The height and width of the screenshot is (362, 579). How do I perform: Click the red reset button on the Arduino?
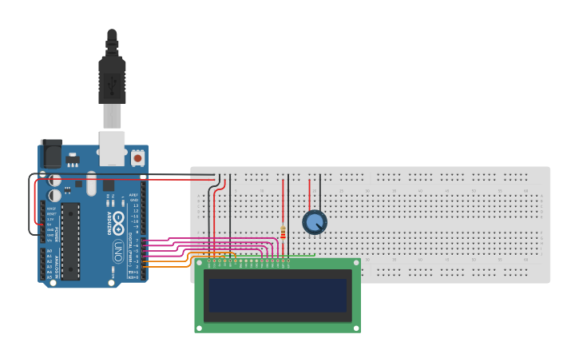[x=138, y=157]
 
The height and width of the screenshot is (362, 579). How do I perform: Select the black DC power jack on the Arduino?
[x=51, y=154]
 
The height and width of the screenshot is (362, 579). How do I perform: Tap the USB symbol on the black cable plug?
[x=112, y=82]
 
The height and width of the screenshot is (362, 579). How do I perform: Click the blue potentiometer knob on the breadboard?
[x=315, y=222]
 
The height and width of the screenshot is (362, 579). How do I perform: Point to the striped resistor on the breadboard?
[x=283, y=233]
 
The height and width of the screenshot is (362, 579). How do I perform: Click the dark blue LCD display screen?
[x=277, y=295]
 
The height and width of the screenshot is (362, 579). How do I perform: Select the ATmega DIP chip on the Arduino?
[x=70, y=241]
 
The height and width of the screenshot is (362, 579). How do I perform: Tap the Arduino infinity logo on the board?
[x=118, y=221]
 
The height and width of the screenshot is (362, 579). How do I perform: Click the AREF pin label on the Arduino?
[x=134, y=194]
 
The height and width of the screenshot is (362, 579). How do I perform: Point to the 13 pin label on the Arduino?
[x=135, y=205]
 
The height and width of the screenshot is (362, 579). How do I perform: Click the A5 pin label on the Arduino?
[x=50, y=276]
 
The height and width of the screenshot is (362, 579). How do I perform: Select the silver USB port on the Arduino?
[x=112, y=149]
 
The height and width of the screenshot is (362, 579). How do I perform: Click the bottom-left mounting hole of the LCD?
[x=199, y=327]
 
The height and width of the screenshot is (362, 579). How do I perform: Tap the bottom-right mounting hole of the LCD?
[x=356, y=327]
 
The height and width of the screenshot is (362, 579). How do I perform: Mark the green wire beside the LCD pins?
[x=302, y=256]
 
